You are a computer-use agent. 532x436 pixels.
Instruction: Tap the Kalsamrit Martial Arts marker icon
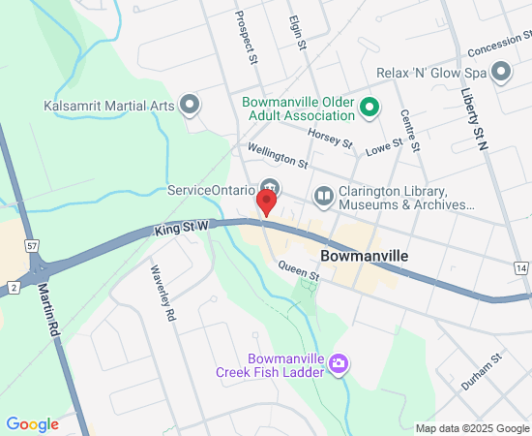(x=190, y=103)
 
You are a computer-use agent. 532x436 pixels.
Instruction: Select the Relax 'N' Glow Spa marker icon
(x=501, y=72)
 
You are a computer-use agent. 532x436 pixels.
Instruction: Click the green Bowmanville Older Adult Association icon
(x=369, y=106)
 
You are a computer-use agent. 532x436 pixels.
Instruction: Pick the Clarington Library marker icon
(x=323, y=197)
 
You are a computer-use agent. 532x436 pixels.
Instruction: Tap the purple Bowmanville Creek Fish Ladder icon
(x=339, y=364)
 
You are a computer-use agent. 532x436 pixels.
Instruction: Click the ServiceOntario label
(x=211, y=190)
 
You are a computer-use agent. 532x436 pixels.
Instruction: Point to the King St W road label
(x=182, y=229)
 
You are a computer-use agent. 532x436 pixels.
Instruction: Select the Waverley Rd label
(x=163, y=292)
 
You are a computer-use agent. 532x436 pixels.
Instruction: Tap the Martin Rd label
(x=50, y=309)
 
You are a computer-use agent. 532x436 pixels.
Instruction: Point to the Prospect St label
(x=247, y=39)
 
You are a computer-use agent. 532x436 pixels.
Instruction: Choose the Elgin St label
(x=296, y=33)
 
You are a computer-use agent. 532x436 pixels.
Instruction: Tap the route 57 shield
(x=33, y=244)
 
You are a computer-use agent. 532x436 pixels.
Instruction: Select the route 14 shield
(x=522, y=267)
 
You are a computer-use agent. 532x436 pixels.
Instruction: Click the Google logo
(x=32, y=423)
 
